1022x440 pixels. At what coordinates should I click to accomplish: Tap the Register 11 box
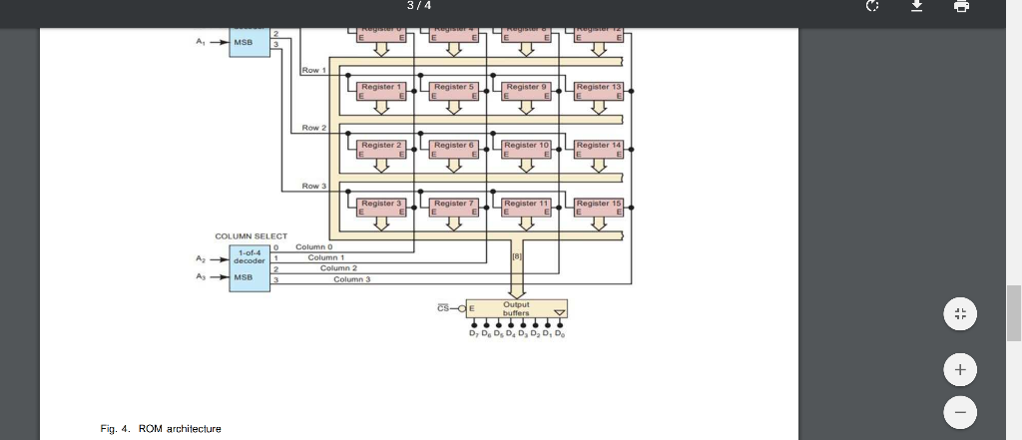[x=527, y=208]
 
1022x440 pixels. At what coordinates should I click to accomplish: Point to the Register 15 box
[x=599, y=208]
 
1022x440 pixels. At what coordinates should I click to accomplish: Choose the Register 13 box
[x=599, y=92]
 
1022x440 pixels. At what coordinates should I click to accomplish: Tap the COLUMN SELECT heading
[x=251, y=235]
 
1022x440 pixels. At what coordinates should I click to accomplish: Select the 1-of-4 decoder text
[x=250, y=256]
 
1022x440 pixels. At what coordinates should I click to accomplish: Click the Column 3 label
[x=351, y=279]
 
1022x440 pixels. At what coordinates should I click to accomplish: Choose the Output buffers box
[x=516, y=308]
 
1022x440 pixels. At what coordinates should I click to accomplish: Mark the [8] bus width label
[x=517, y=257]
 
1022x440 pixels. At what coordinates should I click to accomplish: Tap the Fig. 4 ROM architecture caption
[x=161, y=428]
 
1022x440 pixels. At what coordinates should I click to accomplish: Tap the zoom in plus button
[x=959, y=370]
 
